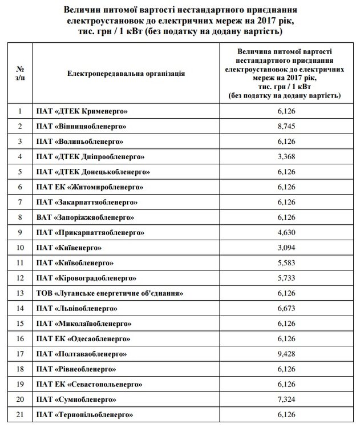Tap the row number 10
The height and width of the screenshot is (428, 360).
20,248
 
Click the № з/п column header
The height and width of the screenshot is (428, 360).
20,73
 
